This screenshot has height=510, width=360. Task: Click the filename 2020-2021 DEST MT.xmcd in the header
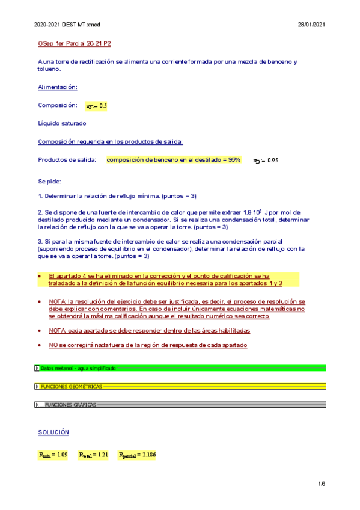coord(67,25)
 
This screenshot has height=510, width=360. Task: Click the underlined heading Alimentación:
coord(58,87)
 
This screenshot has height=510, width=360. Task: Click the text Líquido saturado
coord(62,123)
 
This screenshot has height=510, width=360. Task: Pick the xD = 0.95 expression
coord(265,160)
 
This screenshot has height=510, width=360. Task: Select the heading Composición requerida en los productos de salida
coord(110,142)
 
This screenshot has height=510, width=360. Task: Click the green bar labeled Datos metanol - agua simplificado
coord(180,368)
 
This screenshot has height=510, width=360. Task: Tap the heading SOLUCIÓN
coord(53,432)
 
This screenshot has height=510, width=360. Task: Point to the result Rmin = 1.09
coord(53,455)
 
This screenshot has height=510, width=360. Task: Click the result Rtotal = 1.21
coord(93,455)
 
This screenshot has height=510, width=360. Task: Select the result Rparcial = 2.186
coord(137,455)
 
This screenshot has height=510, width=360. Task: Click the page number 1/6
coord(322,484)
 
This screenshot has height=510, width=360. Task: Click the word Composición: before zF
coord(57,105)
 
